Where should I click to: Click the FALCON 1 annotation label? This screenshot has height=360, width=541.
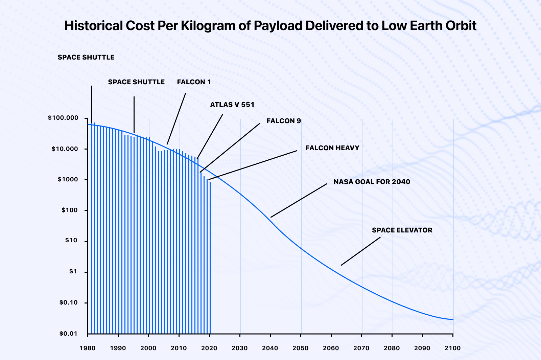pyautogui.click(x=194, y=82)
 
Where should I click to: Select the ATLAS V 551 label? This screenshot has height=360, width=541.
pyautogui.click(x=232, y=105)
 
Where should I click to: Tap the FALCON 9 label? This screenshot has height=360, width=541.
pyautogui.click(x=283, y=121)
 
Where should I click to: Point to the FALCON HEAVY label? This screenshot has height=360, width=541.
pyautogui.click(x=332, y=148)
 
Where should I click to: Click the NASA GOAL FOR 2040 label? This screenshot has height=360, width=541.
pyautogui.click(x=372, y=182)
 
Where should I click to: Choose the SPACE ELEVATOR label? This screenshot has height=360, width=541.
pyautogui.click(x=402, y=230)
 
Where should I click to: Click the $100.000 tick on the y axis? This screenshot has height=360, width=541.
pyautogui.click(x=63, y=118)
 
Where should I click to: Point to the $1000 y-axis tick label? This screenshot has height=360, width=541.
pyautogui.click(x=68, y=180)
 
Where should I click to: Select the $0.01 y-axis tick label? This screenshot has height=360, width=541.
pyautogui.click(x=68, y=334)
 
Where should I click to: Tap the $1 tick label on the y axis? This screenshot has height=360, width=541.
pyautogui.click(x=73, y=272)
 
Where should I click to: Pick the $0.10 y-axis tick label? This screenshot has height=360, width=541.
pyautogui.click(x=68, y=303)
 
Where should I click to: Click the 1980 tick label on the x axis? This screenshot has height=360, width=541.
pyautogui.click(x=88, y=348)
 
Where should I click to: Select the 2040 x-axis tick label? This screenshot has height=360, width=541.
pyautogui.click(x=270, y=348)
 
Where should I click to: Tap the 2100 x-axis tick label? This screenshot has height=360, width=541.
pyautogui.click(x=453, y=348)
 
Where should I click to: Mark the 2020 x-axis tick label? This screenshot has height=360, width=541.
pyautogui.click(x=209, y=348)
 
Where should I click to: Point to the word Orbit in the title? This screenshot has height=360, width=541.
pyautogui.click(x=461, y=26)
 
